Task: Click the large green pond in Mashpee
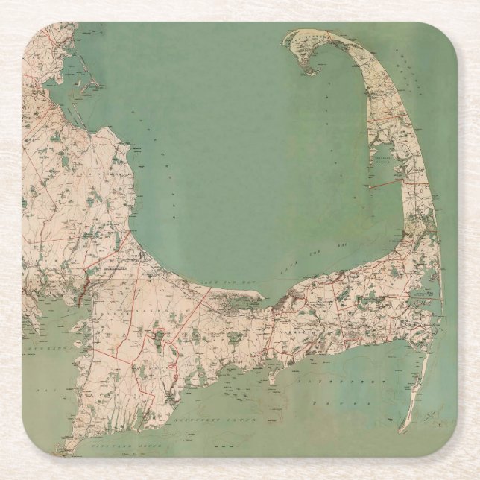point(161,338)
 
